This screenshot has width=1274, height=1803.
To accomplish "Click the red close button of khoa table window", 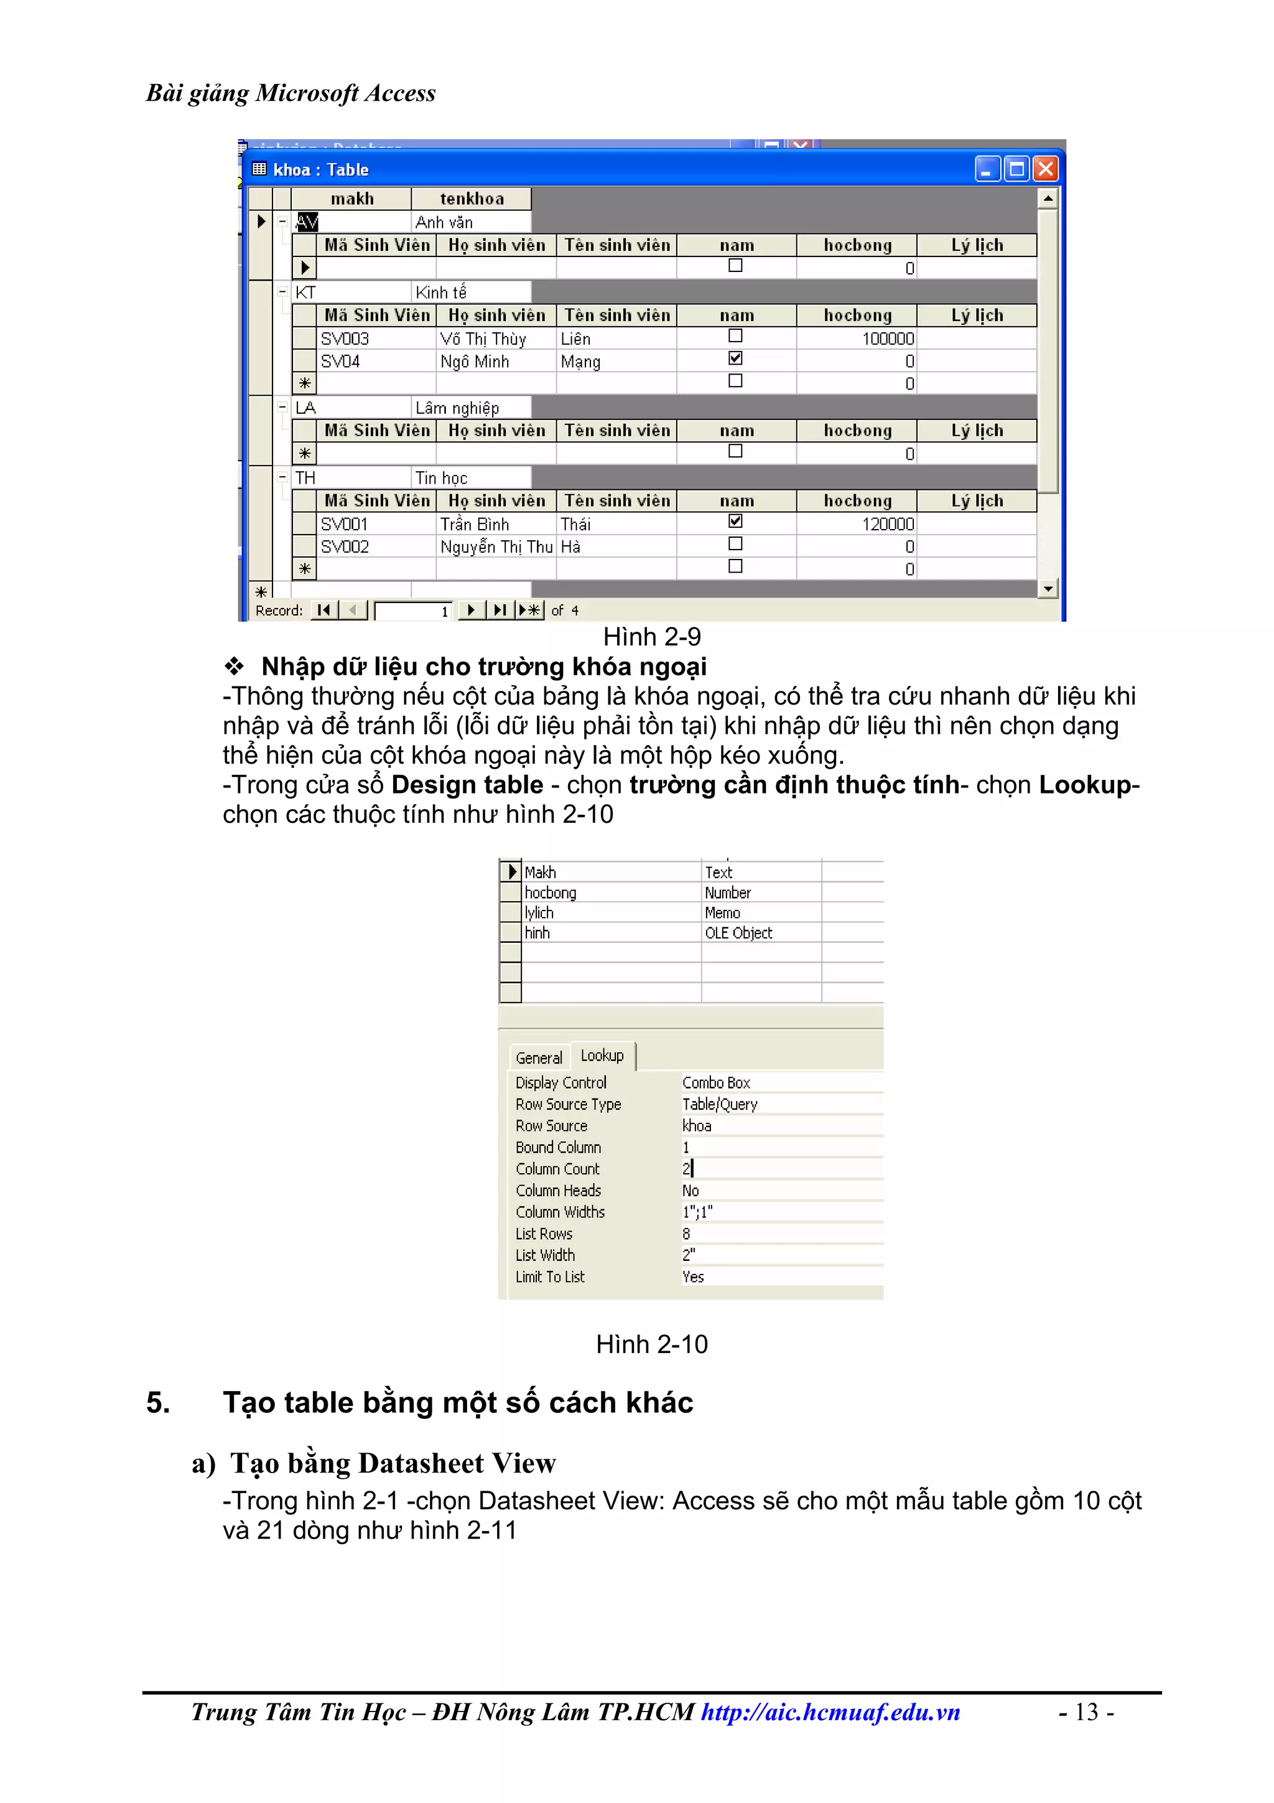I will click(x=1045, y=169).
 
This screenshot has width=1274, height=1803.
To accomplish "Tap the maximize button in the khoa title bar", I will click(x=1016, y=169).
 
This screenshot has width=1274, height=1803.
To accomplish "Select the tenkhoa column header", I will click(x=471, y=199).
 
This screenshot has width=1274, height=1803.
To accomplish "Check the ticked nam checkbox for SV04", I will click(x=735, y=359).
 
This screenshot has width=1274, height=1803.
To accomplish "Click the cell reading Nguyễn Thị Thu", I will click(x=496, y=546).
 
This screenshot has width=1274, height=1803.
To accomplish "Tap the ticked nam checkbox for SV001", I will click(x=735, y=522).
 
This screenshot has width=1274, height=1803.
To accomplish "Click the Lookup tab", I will click(x=602, y=1056).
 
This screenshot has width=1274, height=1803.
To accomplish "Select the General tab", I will click(x=539, y=1058).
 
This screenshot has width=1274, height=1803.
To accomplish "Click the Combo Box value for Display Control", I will click(x=716, y=1082).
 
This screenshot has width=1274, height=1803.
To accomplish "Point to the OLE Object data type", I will click(x=738, y=933).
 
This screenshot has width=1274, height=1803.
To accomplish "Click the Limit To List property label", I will click(x=549, y=1277).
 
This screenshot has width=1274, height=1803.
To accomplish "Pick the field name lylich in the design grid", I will click(x=539, y=912).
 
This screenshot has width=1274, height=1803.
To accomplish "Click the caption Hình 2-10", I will click(x=651, y=1344).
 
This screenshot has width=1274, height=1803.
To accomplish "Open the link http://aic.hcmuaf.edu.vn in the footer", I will click(x=830, y=1712).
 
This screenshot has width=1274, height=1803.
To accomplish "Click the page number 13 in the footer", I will click(x=1086, y=1712).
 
